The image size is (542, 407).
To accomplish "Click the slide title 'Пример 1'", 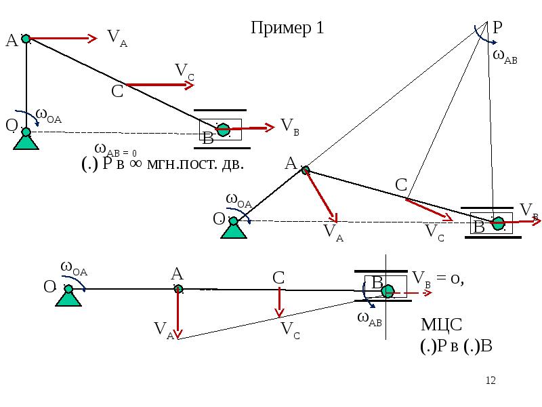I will tap(287, 28).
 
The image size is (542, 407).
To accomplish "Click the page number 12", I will tap(492, 381).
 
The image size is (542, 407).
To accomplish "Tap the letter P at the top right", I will tap(497, 28).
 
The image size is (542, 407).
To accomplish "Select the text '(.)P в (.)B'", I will tap(455, 346).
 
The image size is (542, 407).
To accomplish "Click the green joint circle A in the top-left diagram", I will tap(26, 39).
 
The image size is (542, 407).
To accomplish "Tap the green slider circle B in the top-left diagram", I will tap(222, 130).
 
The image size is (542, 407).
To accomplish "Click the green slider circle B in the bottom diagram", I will tap(387, 291).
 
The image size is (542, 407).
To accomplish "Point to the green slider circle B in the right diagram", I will tap(499, 222).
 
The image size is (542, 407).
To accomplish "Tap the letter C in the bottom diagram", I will tap(278, 277).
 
